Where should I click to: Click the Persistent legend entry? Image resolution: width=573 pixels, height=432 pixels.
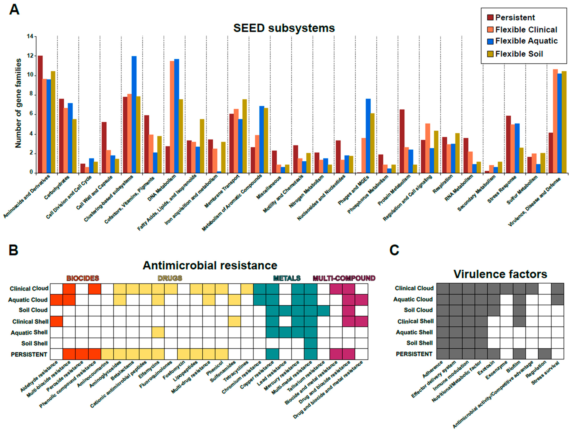[x=515, y=18]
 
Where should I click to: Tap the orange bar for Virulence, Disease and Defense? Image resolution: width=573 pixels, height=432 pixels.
[x=555, y=121]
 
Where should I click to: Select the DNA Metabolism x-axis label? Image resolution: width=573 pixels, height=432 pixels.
[x=162, y=188]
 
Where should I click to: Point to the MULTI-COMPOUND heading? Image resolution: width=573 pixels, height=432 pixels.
[x=344, y=278]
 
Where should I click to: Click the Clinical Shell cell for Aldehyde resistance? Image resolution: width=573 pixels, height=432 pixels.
[x=56, y=321]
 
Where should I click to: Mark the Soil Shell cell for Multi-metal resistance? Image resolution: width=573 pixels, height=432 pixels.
[x=311, y=343]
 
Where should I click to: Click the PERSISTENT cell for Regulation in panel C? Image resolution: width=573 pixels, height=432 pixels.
[x=545, y=354]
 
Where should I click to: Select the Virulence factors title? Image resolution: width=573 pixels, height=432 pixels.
[x=500, y=274]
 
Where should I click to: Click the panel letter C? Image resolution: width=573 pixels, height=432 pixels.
[x=394, y=250]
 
